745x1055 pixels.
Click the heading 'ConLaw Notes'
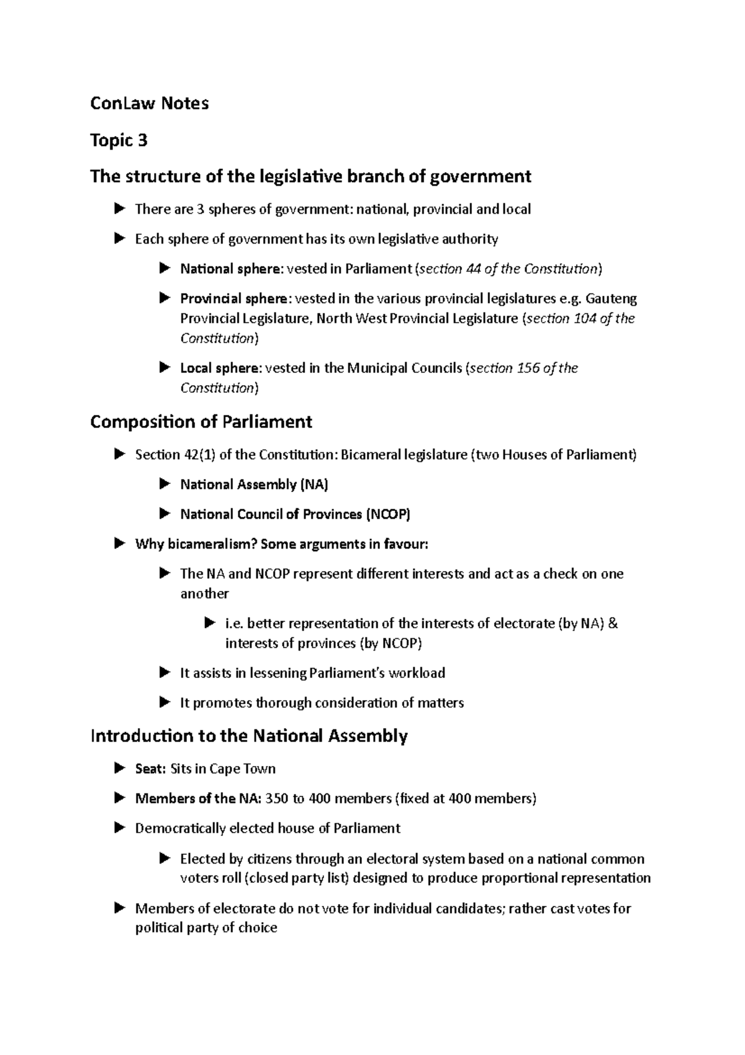(149, 103)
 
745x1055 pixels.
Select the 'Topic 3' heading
(119, 140)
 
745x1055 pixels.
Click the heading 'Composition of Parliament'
(201, 422)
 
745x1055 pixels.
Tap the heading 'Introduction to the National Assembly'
(248, 736)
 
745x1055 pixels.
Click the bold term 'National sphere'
(230, 269)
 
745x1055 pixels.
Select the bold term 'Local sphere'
(220, 368)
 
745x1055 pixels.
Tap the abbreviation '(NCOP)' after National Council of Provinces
(388, 514)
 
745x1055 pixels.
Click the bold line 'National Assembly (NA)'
(254, 485)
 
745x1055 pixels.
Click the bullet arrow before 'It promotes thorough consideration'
(165, 703)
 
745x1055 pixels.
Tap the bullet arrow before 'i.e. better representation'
(209, 623)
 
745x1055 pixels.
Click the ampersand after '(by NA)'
(613, 624)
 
